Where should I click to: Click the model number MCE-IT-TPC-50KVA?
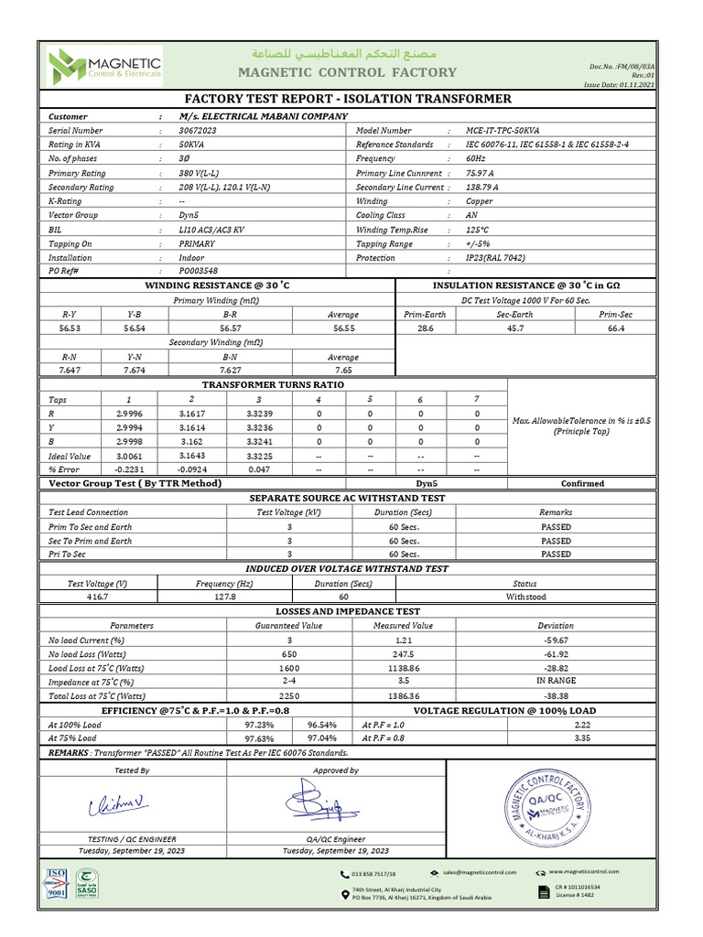coord(502,131)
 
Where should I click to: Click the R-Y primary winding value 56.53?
coord(70,328)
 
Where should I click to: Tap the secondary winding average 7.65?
coord(343,371)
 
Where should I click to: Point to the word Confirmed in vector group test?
coord(582,483)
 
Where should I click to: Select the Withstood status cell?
coord(525,597)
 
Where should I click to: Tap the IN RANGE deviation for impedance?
coord(555,682)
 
